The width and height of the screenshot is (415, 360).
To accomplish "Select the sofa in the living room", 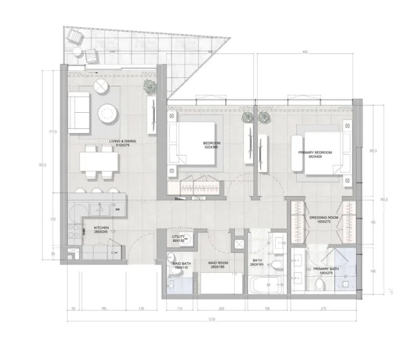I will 79,112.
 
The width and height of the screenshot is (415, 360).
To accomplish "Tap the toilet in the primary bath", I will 318,283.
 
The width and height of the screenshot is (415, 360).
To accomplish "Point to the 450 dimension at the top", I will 305,53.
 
